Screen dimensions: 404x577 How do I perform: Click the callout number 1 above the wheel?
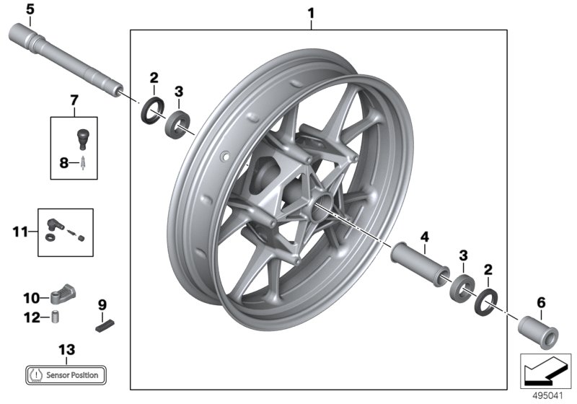(311, 12)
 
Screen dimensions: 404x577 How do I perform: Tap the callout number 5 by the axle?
(30, 9)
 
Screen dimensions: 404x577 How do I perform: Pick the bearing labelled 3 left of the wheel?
(177, 123)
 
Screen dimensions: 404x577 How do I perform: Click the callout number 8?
(63, 163)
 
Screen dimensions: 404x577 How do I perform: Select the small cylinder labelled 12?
(55, 316)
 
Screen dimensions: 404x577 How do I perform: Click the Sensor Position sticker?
(66, 374)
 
